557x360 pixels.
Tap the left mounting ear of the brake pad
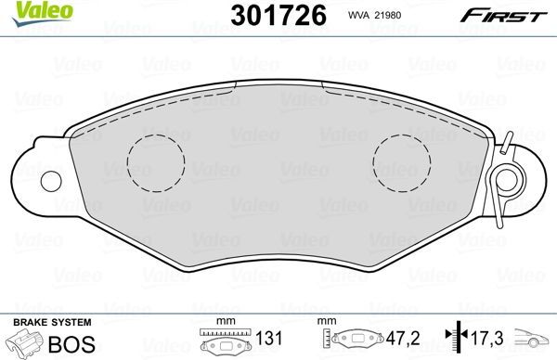(x=37, y=167)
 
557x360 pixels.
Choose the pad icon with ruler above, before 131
(x=224, y=341)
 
